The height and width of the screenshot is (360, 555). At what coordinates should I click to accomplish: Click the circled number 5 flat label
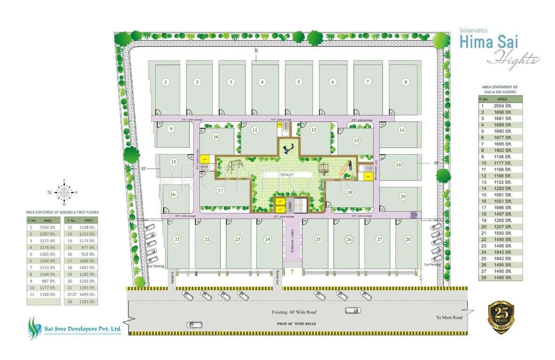(298, 82)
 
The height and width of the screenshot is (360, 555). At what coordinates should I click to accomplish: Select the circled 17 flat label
(220, 191)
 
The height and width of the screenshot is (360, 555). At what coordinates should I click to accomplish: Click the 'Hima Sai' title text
(482, 42)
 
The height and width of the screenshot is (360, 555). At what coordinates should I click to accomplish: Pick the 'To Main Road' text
(449, 317)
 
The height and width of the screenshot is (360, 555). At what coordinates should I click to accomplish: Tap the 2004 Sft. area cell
(502, 106)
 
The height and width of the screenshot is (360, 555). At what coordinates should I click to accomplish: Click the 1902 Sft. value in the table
(502, 150)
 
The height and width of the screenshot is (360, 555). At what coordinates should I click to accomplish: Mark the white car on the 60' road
(194, 324)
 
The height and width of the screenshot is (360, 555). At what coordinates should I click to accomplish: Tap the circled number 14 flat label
(402, 130)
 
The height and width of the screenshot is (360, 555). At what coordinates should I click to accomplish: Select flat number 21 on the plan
(177, 239)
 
